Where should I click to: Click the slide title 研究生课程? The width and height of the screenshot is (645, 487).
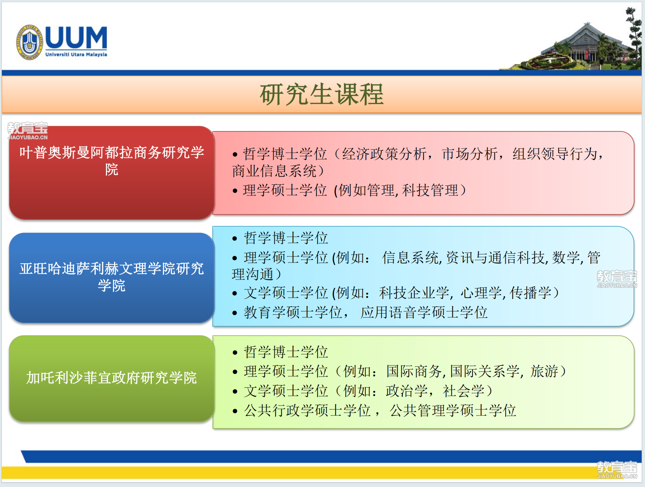coord(322,94)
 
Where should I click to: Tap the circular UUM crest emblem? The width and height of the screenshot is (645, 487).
coord(29,42)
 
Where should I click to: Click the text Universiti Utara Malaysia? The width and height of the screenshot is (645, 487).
coord(76,54)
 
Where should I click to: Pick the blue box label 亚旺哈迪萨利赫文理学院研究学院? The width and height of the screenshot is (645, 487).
coord(111,277)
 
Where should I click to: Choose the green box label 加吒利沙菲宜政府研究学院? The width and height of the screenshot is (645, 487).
coord(111,378)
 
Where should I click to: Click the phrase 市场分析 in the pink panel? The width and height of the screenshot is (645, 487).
coord(469,154)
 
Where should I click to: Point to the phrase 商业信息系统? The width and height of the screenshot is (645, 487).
coord(274,171)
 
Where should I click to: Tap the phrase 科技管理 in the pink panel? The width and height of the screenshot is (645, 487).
coord(431,190)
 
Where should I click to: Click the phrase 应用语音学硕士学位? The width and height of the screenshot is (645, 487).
coord(424,312)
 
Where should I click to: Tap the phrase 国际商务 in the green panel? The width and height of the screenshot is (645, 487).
coord(414,371)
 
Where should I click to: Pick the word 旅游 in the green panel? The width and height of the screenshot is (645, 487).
coord(544,371)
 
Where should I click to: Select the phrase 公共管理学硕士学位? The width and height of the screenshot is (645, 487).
coord(453,410)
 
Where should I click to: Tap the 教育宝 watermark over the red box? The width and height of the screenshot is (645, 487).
coord(28,131)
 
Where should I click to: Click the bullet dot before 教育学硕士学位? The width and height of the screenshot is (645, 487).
coord(235,313)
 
